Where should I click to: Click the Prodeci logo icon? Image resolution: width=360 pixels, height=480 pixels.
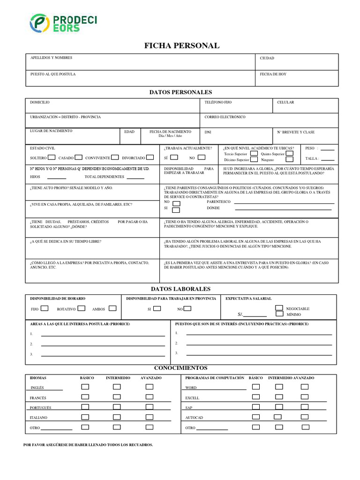coord(39,23)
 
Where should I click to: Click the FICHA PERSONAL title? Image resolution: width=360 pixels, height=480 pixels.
coord(181,45)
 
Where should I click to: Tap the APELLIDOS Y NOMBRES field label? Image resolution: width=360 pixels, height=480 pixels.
coord(51,58)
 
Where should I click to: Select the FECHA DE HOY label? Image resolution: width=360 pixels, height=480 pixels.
coord(273,74)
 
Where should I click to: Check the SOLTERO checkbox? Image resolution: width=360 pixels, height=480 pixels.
coord(52,157)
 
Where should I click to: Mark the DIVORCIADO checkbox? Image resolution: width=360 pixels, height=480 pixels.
coord(150,157)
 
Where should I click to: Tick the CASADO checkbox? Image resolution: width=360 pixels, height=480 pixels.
coord(79,157)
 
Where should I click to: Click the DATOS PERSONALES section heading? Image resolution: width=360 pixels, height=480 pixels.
coord(180,92)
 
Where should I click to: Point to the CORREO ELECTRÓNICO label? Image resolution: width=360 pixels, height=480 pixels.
coord(225,117)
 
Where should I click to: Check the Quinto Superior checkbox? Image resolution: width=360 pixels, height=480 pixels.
coord(290,153)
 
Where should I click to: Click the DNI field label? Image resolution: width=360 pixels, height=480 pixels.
coord(208,132)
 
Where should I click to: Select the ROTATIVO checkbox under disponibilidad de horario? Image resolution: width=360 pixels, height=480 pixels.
coord(81,308)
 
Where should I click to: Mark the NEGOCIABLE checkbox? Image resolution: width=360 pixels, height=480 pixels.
coord(279,308)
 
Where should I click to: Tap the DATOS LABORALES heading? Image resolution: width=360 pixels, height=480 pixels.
coord(180,289)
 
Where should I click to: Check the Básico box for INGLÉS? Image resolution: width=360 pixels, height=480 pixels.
coord(85,387)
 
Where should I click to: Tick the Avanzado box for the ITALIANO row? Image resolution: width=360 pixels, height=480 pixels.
coord(149,417)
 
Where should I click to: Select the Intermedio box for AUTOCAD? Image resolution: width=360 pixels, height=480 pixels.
coord(277,417)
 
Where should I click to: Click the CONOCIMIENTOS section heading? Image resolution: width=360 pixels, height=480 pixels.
coord(180,368)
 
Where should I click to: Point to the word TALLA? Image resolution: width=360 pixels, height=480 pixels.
coord(311,158)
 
